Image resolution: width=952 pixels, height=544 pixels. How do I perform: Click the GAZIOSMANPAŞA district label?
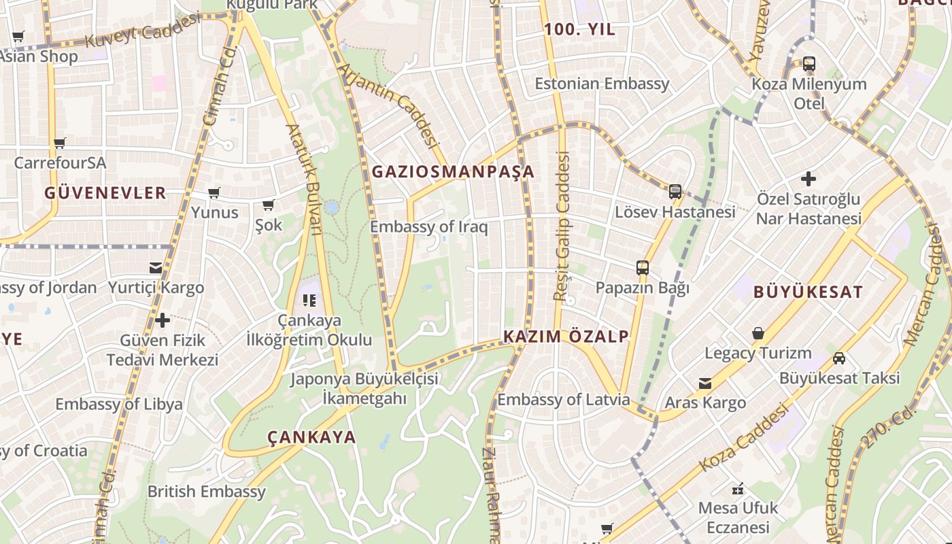tap(453, 172)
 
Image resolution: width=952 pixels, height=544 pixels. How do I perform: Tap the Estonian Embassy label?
tap(602, 84)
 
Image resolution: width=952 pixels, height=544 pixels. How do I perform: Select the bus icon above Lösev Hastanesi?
tap(675, 192)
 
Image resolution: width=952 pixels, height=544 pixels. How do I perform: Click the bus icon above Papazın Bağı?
tap(643, 268)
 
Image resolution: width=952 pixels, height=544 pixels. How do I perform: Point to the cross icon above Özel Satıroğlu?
tap(809, 179)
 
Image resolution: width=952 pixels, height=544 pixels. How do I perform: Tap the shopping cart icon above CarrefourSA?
tap(60, 143)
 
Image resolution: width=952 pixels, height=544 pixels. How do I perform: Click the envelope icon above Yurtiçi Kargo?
tap(156, 268)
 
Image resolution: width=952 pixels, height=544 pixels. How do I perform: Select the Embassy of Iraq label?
tap(428, 226)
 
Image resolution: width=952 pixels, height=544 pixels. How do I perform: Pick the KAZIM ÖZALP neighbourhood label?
tap(566, 337)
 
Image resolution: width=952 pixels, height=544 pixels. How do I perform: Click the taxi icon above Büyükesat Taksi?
tap(839, 358)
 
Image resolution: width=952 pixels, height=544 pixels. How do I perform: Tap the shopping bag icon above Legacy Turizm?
tap(758, 334)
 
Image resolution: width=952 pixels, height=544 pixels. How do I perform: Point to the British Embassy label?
tap(206, 491)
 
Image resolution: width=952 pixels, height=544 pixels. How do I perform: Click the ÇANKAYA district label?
tap(311, 437)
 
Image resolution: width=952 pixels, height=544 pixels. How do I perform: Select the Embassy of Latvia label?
tap(563, 399)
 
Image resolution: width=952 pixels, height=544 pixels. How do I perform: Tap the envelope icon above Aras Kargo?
tap(705, 384)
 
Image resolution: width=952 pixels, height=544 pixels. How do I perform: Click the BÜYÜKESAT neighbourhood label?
tap(808, 292)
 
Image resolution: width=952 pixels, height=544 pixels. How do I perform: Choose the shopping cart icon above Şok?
tap(269, 205)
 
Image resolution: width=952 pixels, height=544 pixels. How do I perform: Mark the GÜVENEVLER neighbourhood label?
tap(105, 193)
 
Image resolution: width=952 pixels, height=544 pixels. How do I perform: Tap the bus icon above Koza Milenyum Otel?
tap(809, 65)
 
